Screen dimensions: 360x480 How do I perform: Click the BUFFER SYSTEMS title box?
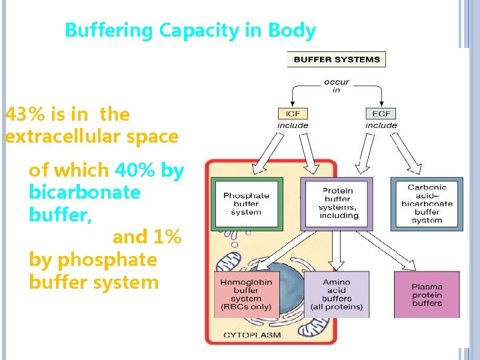336,59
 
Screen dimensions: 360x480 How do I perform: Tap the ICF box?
293,113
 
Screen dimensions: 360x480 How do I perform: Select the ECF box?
381,113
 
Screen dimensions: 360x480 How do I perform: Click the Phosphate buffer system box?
246,204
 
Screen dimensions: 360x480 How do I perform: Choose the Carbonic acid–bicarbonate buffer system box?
427,204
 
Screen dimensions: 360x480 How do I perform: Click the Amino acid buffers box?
337,295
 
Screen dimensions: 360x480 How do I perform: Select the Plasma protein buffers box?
427,295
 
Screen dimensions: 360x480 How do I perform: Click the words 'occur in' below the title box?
336,85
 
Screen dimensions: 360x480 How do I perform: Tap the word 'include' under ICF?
293,125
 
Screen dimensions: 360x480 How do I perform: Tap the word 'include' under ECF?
381,125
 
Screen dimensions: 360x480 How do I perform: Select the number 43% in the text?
25,115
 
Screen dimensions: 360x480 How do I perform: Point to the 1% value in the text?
167,237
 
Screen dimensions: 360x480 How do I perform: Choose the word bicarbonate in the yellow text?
85,193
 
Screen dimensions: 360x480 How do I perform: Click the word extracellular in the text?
62,137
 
